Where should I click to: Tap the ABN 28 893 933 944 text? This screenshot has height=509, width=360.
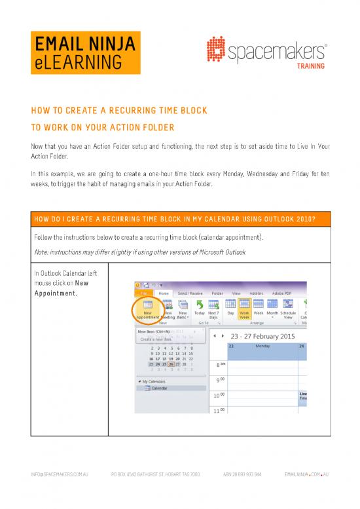click(240, 491)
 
